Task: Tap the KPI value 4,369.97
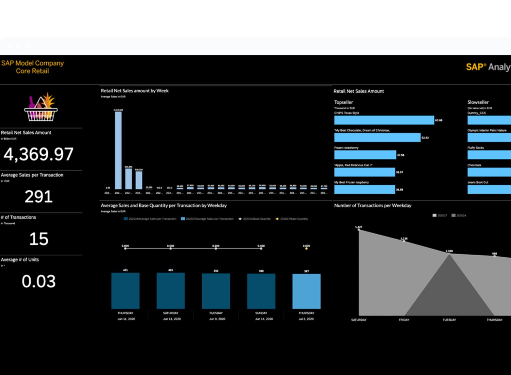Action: (x=38, y=154)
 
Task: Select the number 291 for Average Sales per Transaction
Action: (x=38, y=196)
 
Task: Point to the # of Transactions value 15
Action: (x=38, y=239)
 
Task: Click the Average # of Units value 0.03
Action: (x=38, y=281)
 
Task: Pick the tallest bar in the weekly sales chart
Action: (x=118, y=150)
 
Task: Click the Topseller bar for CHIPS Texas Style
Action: (x=384, y=120)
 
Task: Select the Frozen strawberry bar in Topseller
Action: (x=365, y=155)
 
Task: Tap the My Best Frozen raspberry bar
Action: (x=365, y=190)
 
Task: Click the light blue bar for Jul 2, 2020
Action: (x=306, y=291)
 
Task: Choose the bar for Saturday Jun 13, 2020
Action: (x=171, y=291)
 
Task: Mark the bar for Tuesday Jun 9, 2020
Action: (x=216, y=291)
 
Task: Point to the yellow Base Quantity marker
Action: (x=306, y=249)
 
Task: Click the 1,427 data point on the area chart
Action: (x=359, y=230)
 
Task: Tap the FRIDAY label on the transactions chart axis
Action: (x=404, y=320)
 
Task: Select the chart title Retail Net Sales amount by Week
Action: (x=135, y=91)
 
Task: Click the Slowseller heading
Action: (x=478, y=102)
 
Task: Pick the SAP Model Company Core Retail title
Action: (x=32, y=67)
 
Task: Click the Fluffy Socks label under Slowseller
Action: (x=476, y=148)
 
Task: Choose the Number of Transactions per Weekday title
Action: (x=373, y=206)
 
